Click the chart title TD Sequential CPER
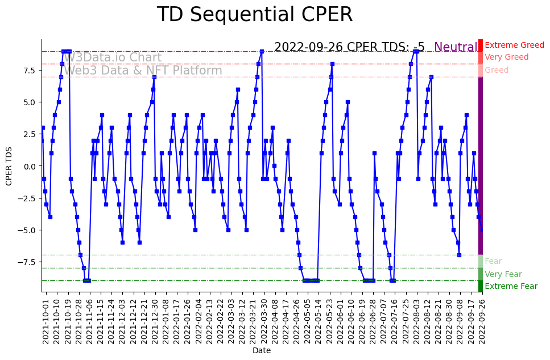(254, 15)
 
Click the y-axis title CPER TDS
(9, 165)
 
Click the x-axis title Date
(262, 351)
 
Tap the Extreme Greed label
(514, 45)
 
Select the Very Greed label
(506, 57)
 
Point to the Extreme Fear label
(511, 287)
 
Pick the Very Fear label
(503, 274)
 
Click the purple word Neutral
(456, 48)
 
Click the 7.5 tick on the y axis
(30, 71)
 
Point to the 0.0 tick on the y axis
(30, 166)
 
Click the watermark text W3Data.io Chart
(112, 58)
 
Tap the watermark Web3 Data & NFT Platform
(142, 71)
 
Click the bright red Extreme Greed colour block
(481, 45)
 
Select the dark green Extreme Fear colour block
(481, 286)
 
